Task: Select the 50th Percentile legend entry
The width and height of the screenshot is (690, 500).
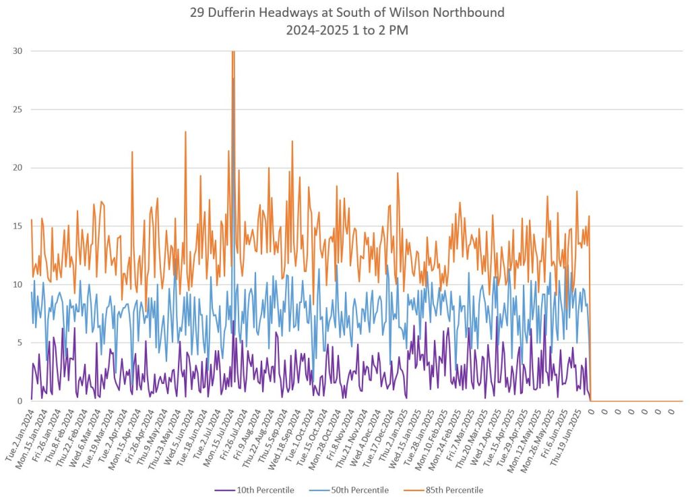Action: pos(356,490)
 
